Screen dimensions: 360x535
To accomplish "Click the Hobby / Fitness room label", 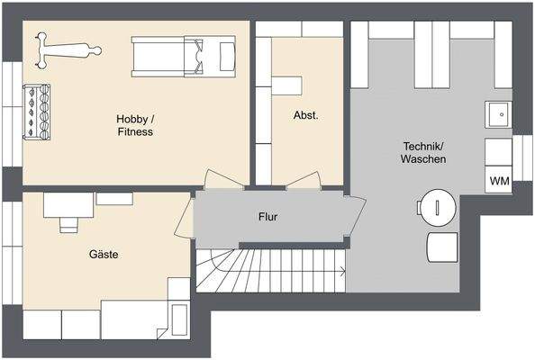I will (134, 125).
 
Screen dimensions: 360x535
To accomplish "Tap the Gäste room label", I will (104, 255).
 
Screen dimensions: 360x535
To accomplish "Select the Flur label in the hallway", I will (267, 217).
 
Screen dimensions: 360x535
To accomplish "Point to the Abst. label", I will (305, 115).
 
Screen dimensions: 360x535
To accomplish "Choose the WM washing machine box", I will (499, 180).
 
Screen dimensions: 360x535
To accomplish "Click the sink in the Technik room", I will (498, 115).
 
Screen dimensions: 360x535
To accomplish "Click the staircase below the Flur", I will (270, 271).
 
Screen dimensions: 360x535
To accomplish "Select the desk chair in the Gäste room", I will (68, 223).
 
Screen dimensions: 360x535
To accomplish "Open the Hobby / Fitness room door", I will (222, 180).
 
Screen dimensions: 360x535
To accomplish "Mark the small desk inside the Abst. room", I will (288, 85).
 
